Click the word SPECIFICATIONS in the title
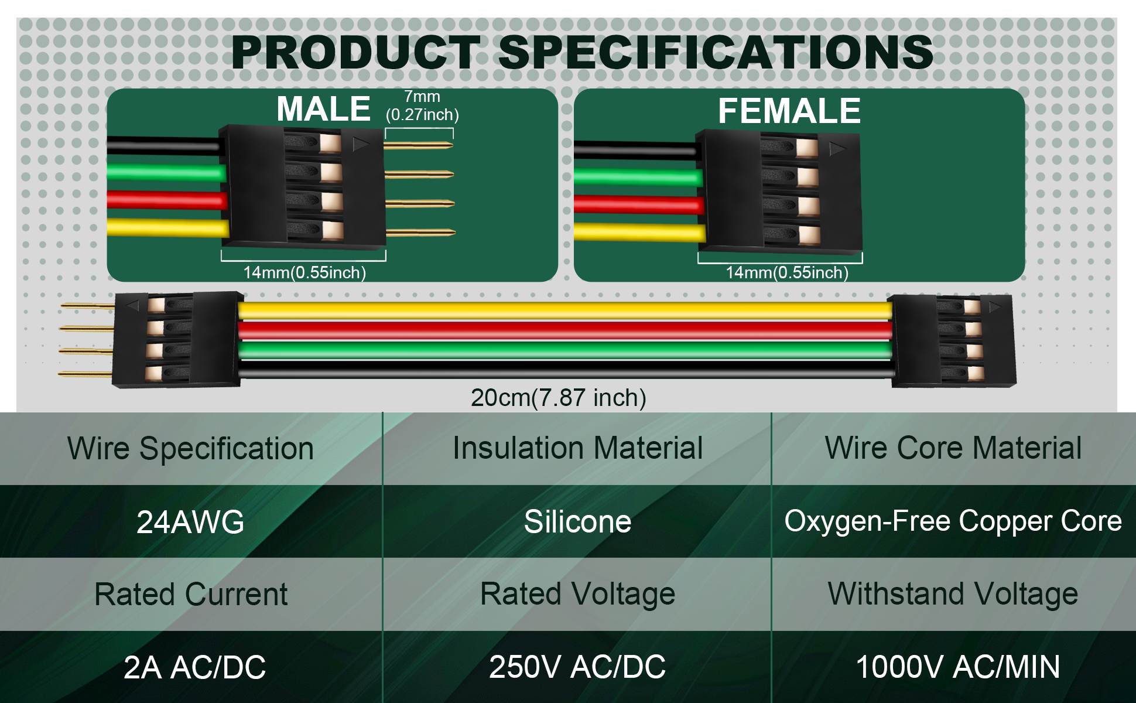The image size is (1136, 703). coord(715,52)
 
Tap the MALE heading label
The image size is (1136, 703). coord(323,109)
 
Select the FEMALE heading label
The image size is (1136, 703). coord(789,111)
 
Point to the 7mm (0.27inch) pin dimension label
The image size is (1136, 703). coord(422,105)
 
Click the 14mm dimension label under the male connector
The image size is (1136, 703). coord(304,272)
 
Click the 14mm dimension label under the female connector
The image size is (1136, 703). coord(787,272)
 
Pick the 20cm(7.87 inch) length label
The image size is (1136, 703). coord(559,398)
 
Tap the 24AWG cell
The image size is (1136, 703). coord(190,522)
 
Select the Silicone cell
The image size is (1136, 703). coord(577,521)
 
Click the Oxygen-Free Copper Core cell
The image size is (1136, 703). coord(953,521)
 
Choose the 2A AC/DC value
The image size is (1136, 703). coord(194,667)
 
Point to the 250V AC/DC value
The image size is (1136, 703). coord(577,667)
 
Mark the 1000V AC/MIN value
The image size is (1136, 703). coord(958,667)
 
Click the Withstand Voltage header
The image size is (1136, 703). coord(953,594)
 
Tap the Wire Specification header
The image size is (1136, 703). coord(190,449)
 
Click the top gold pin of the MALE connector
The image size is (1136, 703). coord(419,145)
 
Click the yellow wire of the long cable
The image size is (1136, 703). coord(565,311)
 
